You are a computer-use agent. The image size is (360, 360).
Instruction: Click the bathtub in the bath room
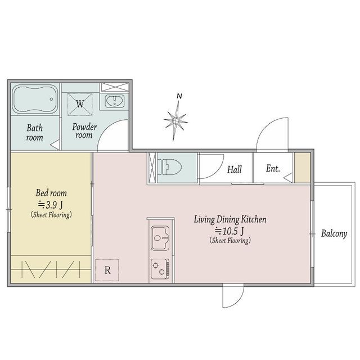[x=35, y=99]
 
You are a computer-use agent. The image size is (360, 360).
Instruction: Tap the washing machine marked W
[x=80, y=104]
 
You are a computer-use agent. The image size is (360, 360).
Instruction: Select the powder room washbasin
[x=115, y=101]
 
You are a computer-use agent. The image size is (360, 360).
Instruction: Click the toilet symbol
[x=169, y=167]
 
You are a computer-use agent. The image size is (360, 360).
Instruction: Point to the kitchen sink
[x=160, y=238]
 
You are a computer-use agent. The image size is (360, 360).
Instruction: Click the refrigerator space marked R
[x=107, y=270]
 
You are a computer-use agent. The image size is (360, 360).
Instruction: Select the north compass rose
[x=175, y=120]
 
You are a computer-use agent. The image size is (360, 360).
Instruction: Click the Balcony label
[x=334, y=234]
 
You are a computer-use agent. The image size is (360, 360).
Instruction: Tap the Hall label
[x=235, y=170]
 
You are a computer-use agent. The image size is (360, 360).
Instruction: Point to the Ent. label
[x=273, y=169]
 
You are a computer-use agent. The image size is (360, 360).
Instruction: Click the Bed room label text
[x=51, y=193]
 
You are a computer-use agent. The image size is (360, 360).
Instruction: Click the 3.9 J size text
[x=51, y=205]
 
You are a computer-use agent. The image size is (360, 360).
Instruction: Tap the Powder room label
[x=84, y=131]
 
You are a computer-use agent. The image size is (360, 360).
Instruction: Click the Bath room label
[x=34, y=133]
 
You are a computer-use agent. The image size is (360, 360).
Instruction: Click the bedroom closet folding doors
[x=51, y=269]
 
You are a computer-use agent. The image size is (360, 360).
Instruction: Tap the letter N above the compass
[x=179, y=96]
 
